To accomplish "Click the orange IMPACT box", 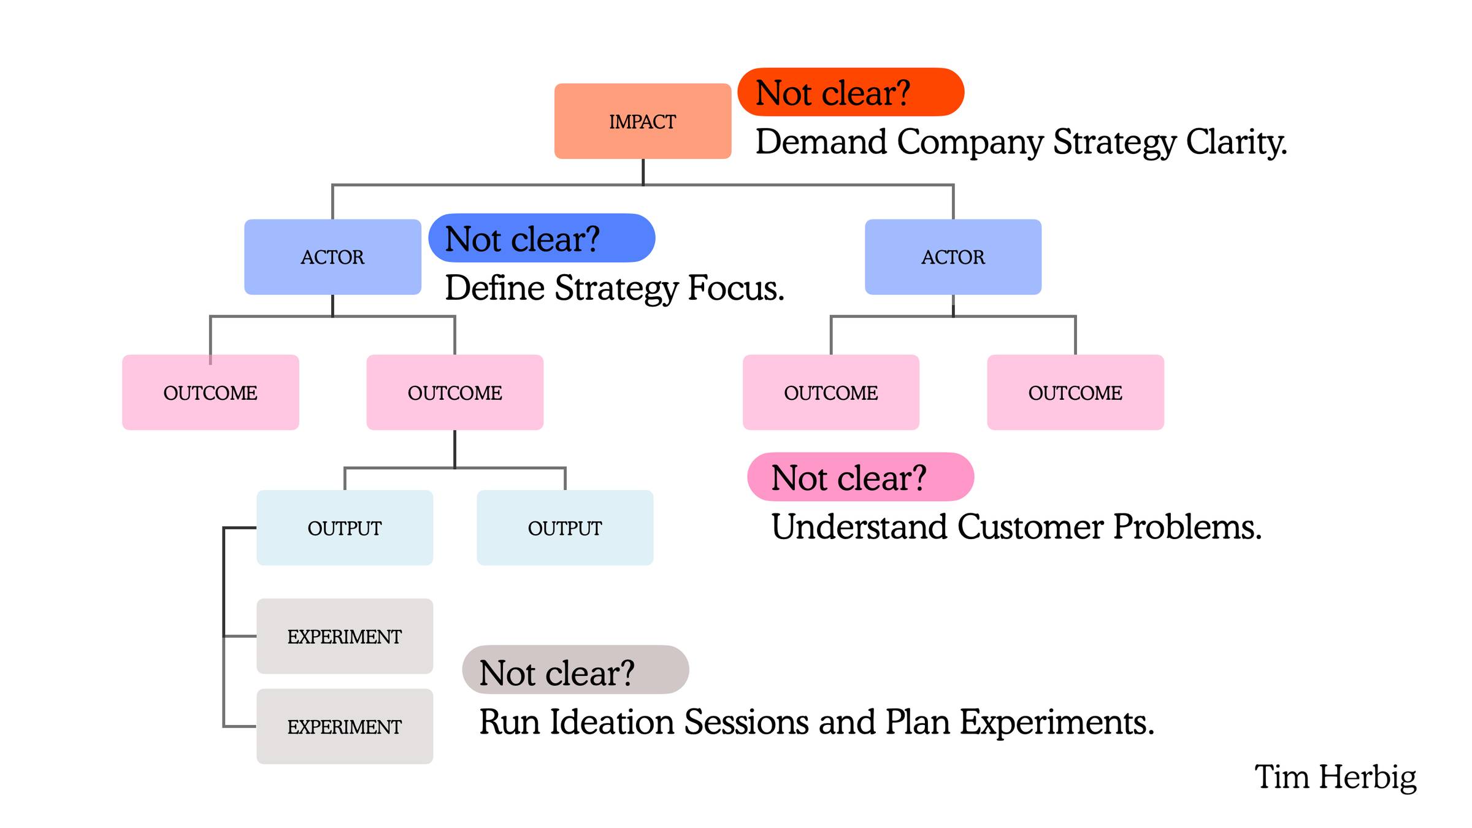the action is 643,121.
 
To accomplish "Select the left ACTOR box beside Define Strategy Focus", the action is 332,257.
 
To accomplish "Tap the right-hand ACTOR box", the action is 953,257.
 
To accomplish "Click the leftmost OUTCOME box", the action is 210,393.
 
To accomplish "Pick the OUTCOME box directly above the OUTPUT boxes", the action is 455,393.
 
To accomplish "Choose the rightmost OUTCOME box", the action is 1076,393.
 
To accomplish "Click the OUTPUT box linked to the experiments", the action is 345,528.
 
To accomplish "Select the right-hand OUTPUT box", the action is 565,528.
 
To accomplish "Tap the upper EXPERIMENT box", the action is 345,637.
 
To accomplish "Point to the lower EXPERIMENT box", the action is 345,727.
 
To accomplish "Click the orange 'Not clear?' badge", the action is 851,92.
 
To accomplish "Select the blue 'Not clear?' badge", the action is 542,238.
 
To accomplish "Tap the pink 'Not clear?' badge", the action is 861,477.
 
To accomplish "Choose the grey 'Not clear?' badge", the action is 575,670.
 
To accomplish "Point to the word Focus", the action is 736,288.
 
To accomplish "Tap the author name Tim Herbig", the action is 1335,778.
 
